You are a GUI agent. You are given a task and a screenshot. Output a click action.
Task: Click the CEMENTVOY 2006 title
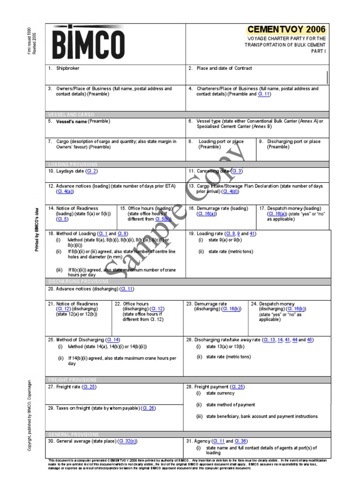[286, 30]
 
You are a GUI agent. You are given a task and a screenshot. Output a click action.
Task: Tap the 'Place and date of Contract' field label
[224, 68]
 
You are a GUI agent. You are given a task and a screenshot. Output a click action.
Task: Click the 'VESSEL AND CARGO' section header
[71, 114]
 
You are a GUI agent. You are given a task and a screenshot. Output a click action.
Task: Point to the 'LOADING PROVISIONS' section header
[72, 165]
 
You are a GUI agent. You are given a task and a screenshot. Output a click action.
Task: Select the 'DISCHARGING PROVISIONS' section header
[78, 281]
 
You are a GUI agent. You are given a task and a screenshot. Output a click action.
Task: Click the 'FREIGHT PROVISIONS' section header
[72, 380]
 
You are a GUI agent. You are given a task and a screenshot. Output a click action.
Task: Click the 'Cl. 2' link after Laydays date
[91, 171]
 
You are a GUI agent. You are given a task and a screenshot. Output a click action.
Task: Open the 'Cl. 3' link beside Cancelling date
[237, 171]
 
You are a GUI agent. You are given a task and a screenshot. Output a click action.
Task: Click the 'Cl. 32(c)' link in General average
[127, 441]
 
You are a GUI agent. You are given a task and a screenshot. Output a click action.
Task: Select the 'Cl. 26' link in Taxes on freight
[149, 408]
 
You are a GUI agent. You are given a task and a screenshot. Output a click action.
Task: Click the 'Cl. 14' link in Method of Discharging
[113, 339]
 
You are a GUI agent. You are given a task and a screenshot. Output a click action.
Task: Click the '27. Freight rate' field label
[64, 387]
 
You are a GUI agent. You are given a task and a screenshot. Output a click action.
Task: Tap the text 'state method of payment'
[230, 405]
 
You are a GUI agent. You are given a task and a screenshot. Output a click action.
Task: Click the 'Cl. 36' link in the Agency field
[241, 441]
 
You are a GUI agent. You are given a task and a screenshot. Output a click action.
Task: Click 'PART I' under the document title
[318, 51]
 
